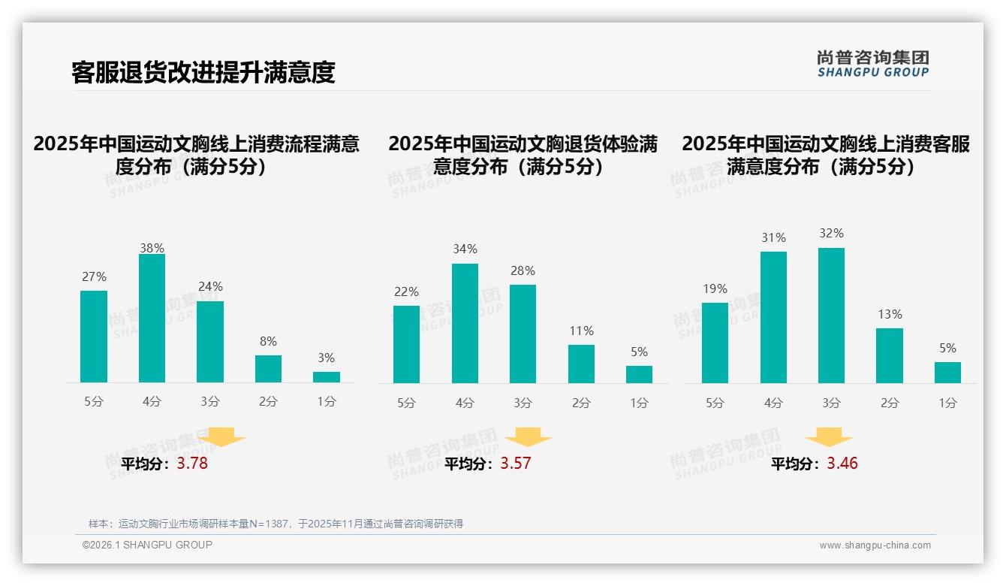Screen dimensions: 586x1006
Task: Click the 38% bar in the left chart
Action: (x=152, y=318)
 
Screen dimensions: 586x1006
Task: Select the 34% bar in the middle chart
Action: (x=465, y=323)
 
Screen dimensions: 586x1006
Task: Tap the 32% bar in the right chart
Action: (x=831, y=316)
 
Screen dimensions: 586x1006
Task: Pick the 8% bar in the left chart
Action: (x=268, y=369)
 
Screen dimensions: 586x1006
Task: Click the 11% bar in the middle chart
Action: (x=581, y=364)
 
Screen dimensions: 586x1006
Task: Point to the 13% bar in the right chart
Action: (x=890, y=355)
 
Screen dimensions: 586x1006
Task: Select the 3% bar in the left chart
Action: (x=327, y=377)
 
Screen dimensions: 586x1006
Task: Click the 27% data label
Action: (x=94, y=277)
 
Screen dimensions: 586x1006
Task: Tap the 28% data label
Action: (x=523, y=271)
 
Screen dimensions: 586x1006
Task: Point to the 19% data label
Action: (x=715, y=289)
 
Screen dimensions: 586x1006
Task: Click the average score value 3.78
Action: (x=192, y=464)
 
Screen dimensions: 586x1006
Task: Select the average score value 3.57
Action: (x=516, y=464)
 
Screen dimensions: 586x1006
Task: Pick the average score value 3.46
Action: (x=842, y=464)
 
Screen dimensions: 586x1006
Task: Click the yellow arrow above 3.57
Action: (x=528, y=438)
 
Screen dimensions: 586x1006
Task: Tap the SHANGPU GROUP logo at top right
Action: (x=872, y=63)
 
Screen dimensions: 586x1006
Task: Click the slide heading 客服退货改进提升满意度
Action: (x=203, y=72)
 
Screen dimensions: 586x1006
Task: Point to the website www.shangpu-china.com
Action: (x=875, y=545)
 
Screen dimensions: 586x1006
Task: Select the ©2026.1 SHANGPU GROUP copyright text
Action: (x=147, y=545)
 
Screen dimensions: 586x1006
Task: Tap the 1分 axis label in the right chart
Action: (x=947, y=403)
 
